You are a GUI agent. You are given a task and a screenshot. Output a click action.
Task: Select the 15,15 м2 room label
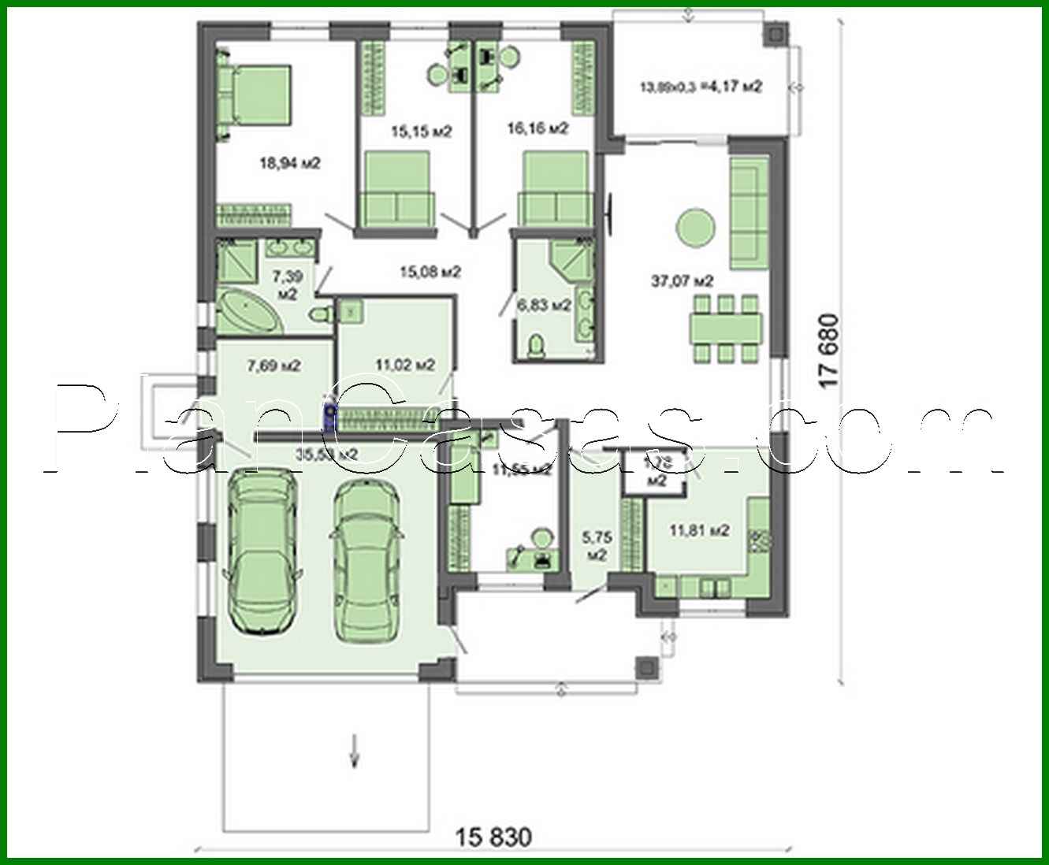coord(421,132)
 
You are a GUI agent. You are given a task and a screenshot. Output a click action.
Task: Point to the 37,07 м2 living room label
coord(682,280)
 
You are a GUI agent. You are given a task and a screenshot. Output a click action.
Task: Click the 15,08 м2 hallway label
coord(430,273)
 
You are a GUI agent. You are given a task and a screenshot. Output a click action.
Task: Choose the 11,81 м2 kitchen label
coord(699,531)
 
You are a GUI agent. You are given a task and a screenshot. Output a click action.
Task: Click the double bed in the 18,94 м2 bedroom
coord(257,100)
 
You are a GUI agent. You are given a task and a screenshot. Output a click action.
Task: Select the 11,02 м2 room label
coord(405,365)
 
